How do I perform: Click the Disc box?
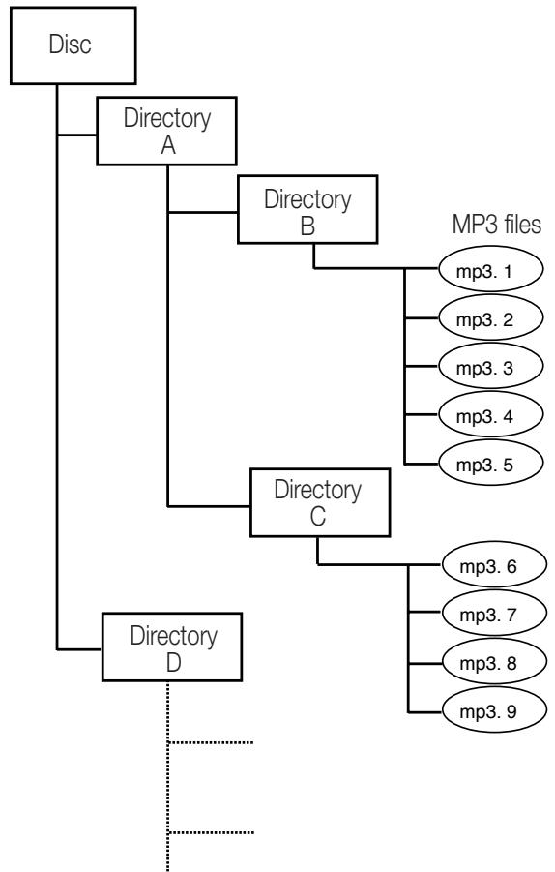[x=73, y=45]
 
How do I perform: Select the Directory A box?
[x=166, y=132]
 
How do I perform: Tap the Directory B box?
[x=307, y=210]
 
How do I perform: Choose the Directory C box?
[x=320, y=502]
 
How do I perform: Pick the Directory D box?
[x=172, y=647]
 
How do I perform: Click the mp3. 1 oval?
[x=490, y=269]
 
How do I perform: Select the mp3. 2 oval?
[x=490, y=318]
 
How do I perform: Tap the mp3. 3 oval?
[x=490, y=367]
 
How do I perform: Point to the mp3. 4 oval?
[x=490, y=415]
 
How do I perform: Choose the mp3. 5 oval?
[x=490, y=464]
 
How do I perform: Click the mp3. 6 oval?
[x=494, y=565]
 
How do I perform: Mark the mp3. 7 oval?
[x=494, y=614]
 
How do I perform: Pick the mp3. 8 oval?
[x=494, y=662]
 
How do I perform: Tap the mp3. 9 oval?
[x=494, y=710]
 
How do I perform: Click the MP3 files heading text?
[x=497, y=225]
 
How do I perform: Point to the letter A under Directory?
[x=168, y=146]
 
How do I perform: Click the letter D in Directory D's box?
[x=173, y=662]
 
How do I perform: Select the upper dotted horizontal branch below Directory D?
[x=211, y=742]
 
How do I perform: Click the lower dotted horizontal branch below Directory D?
[x=211, y=832]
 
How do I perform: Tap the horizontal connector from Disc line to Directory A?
[x=76, y=135]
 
